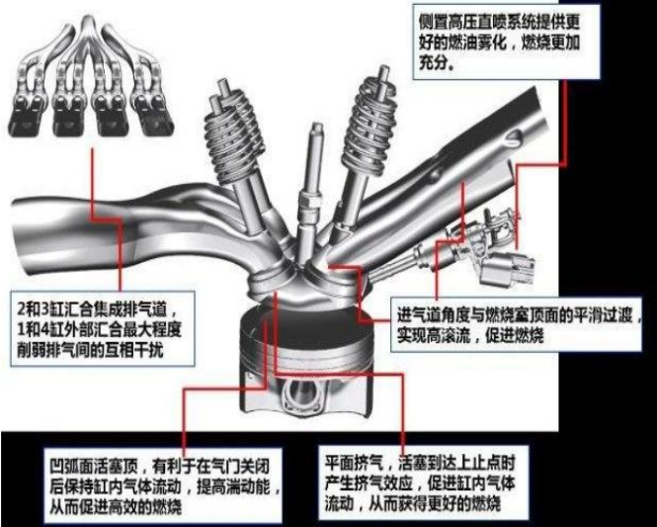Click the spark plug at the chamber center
(310, 197)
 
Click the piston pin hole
(300, 395)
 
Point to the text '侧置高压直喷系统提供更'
(500, 22)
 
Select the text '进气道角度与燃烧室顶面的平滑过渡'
(515, 315)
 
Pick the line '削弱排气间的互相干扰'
(89, 350)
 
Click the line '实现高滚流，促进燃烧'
(470, 335)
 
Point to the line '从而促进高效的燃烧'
(116, 507)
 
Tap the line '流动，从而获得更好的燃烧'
(413, 503)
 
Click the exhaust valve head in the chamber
(273, 281)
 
